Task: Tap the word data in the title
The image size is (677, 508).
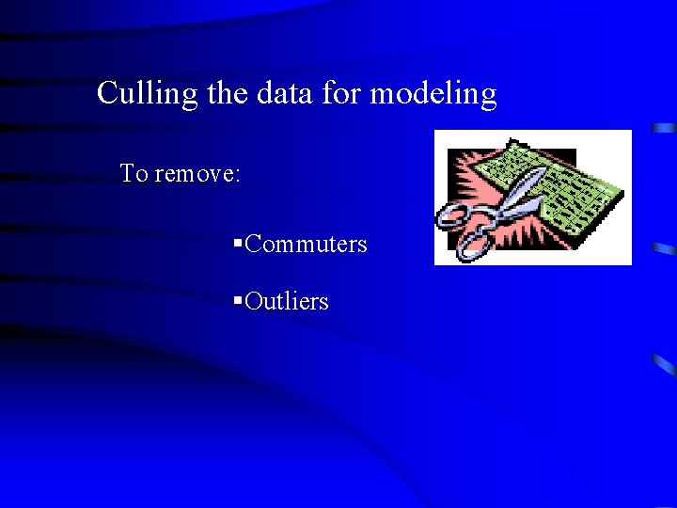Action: [284, 93]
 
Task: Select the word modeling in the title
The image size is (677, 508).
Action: [433, 94]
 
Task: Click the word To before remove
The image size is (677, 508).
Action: [133, 174]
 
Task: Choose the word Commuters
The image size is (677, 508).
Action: [306, 245]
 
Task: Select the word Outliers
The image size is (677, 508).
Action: [287, 302]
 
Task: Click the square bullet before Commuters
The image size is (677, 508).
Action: [238, 245]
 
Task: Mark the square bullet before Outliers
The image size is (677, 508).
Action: [238, 301]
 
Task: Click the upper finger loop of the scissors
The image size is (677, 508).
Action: [454, 214]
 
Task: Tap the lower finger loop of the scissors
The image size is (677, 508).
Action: [473, 245]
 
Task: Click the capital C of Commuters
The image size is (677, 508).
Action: [253, 245]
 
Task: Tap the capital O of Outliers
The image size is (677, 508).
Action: [254, 302]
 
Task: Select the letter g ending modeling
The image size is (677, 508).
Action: [487, 97]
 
